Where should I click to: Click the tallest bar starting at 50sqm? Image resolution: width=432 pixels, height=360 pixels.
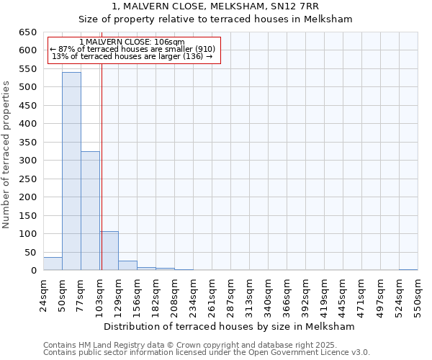tap(71, 171)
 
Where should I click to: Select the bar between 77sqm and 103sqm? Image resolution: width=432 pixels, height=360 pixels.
tap(90, 211)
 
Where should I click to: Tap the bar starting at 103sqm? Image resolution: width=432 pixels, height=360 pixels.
tap(109, 251)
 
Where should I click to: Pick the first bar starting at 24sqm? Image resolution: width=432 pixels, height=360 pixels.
tap(53, 264)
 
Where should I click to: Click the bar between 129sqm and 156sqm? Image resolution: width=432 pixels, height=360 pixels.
tap(127, 266)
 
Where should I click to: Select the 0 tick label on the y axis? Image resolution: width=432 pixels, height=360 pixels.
tap(33, 271)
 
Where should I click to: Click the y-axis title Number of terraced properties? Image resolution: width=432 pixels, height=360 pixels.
tap(6, 154)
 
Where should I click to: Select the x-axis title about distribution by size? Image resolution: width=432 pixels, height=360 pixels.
tap(230, 327)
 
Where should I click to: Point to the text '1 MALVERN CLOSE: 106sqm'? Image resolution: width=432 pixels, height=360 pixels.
tap(132, 42)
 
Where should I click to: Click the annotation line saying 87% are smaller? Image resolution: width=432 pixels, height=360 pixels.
tap(132, 49)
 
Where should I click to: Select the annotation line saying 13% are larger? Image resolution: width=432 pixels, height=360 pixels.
tap(132, 56)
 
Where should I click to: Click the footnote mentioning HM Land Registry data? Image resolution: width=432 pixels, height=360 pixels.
tap(206, 345)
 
